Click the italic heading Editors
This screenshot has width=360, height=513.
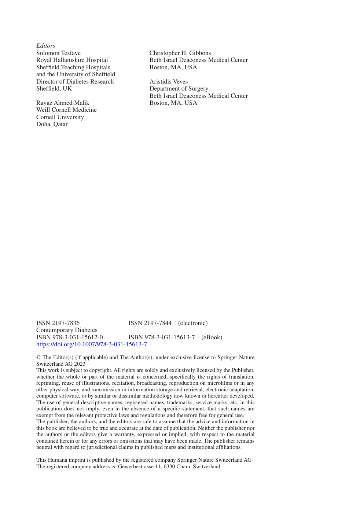click(x=46, y=46)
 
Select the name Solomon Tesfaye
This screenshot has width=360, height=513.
click(x=58, y=53)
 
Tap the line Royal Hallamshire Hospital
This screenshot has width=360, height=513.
click(x=72, y=60)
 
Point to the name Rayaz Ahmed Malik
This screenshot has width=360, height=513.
click(x=63, y=103)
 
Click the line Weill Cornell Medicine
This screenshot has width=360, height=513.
click(x=66, y=110)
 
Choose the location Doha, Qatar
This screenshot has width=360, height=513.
click(x=52, y=124)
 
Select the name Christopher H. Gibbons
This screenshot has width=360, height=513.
click(x=180, y=53)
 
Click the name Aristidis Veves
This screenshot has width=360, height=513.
click(x=169, y=82)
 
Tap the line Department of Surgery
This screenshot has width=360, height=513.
click(x=179, y=89)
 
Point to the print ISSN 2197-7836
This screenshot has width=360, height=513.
click(x=58, y=323)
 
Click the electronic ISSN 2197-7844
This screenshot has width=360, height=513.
click(x=150, y=323)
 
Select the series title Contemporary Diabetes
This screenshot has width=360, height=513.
click(x=67, y=330)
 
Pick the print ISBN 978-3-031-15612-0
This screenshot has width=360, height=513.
click(x=70, y=337)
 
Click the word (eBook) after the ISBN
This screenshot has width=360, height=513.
click(x=212, y=337)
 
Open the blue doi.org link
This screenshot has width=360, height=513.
click(x=92, y=344)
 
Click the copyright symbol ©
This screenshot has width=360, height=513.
click(x=38, y=358)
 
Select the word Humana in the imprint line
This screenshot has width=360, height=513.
click(x=58, y=460)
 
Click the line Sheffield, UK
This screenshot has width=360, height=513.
click(x=54, y=89)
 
